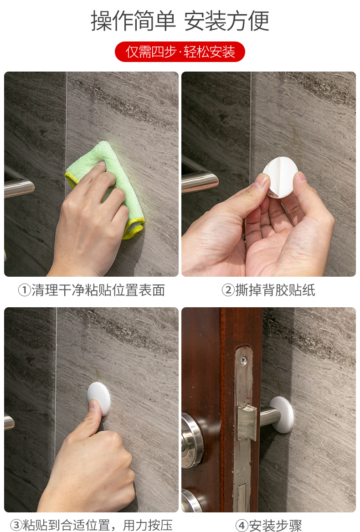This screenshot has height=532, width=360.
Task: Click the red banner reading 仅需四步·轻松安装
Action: [180, 52]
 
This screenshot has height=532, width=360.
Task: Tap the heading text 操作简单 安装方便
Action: [180, 21]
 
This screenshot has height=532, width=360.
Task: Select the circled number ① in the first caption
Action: [25, 290]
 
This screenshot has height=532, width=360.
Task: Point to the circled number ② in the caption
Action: [228, 290]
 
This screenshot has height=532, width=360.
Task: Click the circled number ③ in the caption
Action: [16, 525]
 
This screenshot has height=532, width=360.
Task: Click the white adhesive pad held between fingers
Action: [280, 176]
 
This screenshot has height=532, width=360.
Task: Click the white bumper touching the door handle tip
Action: [282, 414]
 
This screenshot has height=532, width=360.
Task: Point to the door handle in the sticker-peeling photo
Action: [200, 179]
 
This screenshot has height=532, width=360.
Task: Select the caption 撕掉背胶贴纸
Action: [275, 290]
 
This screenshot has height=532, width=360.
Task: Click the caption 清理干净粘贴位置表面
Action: [98, 290]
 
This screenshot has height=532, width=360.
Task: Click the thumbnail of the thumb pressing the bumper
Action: [91, 409]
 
